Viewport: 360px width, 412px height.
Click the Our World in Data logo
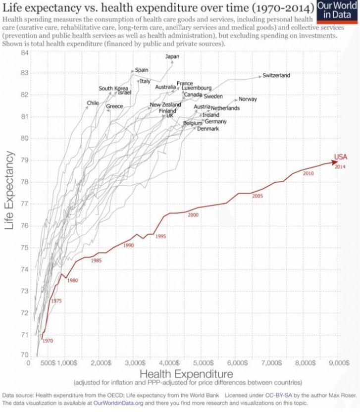(338, 11)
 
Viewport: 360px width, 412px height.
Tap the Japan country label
(172, 56)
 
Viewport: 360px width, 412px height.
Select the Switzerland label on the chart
(276, 76)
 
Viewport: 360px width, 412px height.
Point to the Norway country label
(248, 99)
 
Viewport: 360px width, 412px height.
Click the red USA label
(340, 157)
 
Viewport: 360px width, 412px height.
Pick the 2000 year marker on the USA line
(193, 214)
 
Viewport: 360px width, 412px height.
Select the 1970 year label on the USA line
(48, 341)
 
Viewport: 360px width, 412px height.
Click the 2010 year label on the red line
(309, 174)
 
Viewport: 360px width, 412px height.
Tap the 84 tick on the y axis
(24, 52)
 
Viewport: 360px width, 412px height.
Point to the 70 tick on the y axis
(24, 356)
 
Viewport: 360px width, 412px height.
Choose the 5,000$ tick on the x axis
(204, 363)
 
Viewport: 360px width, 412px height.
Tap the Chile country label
(93, 103)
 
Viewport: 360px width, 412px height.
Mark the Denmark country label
(208, 129)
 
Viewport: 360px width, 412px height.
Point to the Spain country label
(142, 70)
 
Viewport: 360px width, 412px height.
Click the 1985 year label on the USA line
(96, 259)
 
